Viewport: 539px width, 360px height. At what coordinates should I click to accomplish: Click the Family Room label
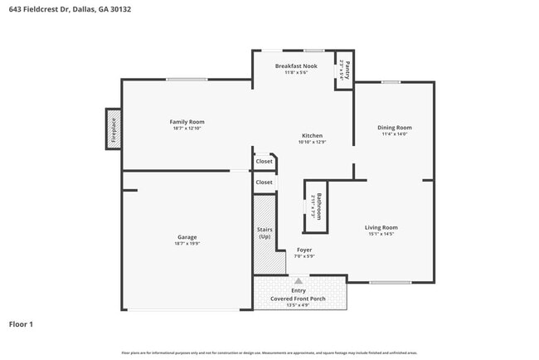point(187,122)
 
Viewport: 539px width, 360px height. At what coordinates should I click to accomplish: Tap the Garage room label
point(187,237)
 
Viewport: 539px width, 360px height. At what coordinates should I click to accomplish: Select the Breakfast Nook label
point(296,65)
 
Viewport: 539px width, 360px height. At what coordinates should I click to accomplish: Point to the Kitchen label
point(312,135)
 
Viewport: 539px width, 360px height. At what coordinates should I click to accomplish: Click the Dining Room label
point(395,128)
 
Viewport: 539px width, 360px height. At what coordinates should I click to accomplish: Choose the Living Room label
point(381,227)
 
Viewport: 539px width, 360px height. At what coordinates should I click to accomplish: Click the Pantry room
point(346,70)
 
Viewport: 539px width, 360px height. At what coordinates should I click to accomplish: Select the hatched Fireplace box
point(114,129)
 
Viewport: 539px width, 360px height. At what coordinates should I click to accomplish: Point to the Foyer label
point(304,250)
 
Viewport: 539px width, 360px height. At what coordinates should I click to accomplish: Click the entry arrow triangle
point(299,281)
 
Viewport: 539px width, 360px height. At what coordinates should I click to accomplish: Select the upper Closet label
point(264,161)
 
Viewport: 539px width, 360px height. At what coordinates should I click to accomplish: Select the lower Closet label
point(264,182)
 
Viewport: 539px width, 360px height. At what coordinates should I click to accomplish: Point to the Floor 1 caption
point(21,324)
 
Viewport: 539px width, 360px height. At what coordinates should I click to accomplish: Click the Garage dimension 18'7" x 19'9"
point(187,244)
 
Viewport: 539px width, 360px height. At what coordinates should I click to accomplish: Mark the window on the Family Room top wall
point(187,80)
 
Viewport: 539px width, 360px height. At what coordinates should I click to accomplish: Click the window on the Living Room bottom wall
point(390,283)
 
